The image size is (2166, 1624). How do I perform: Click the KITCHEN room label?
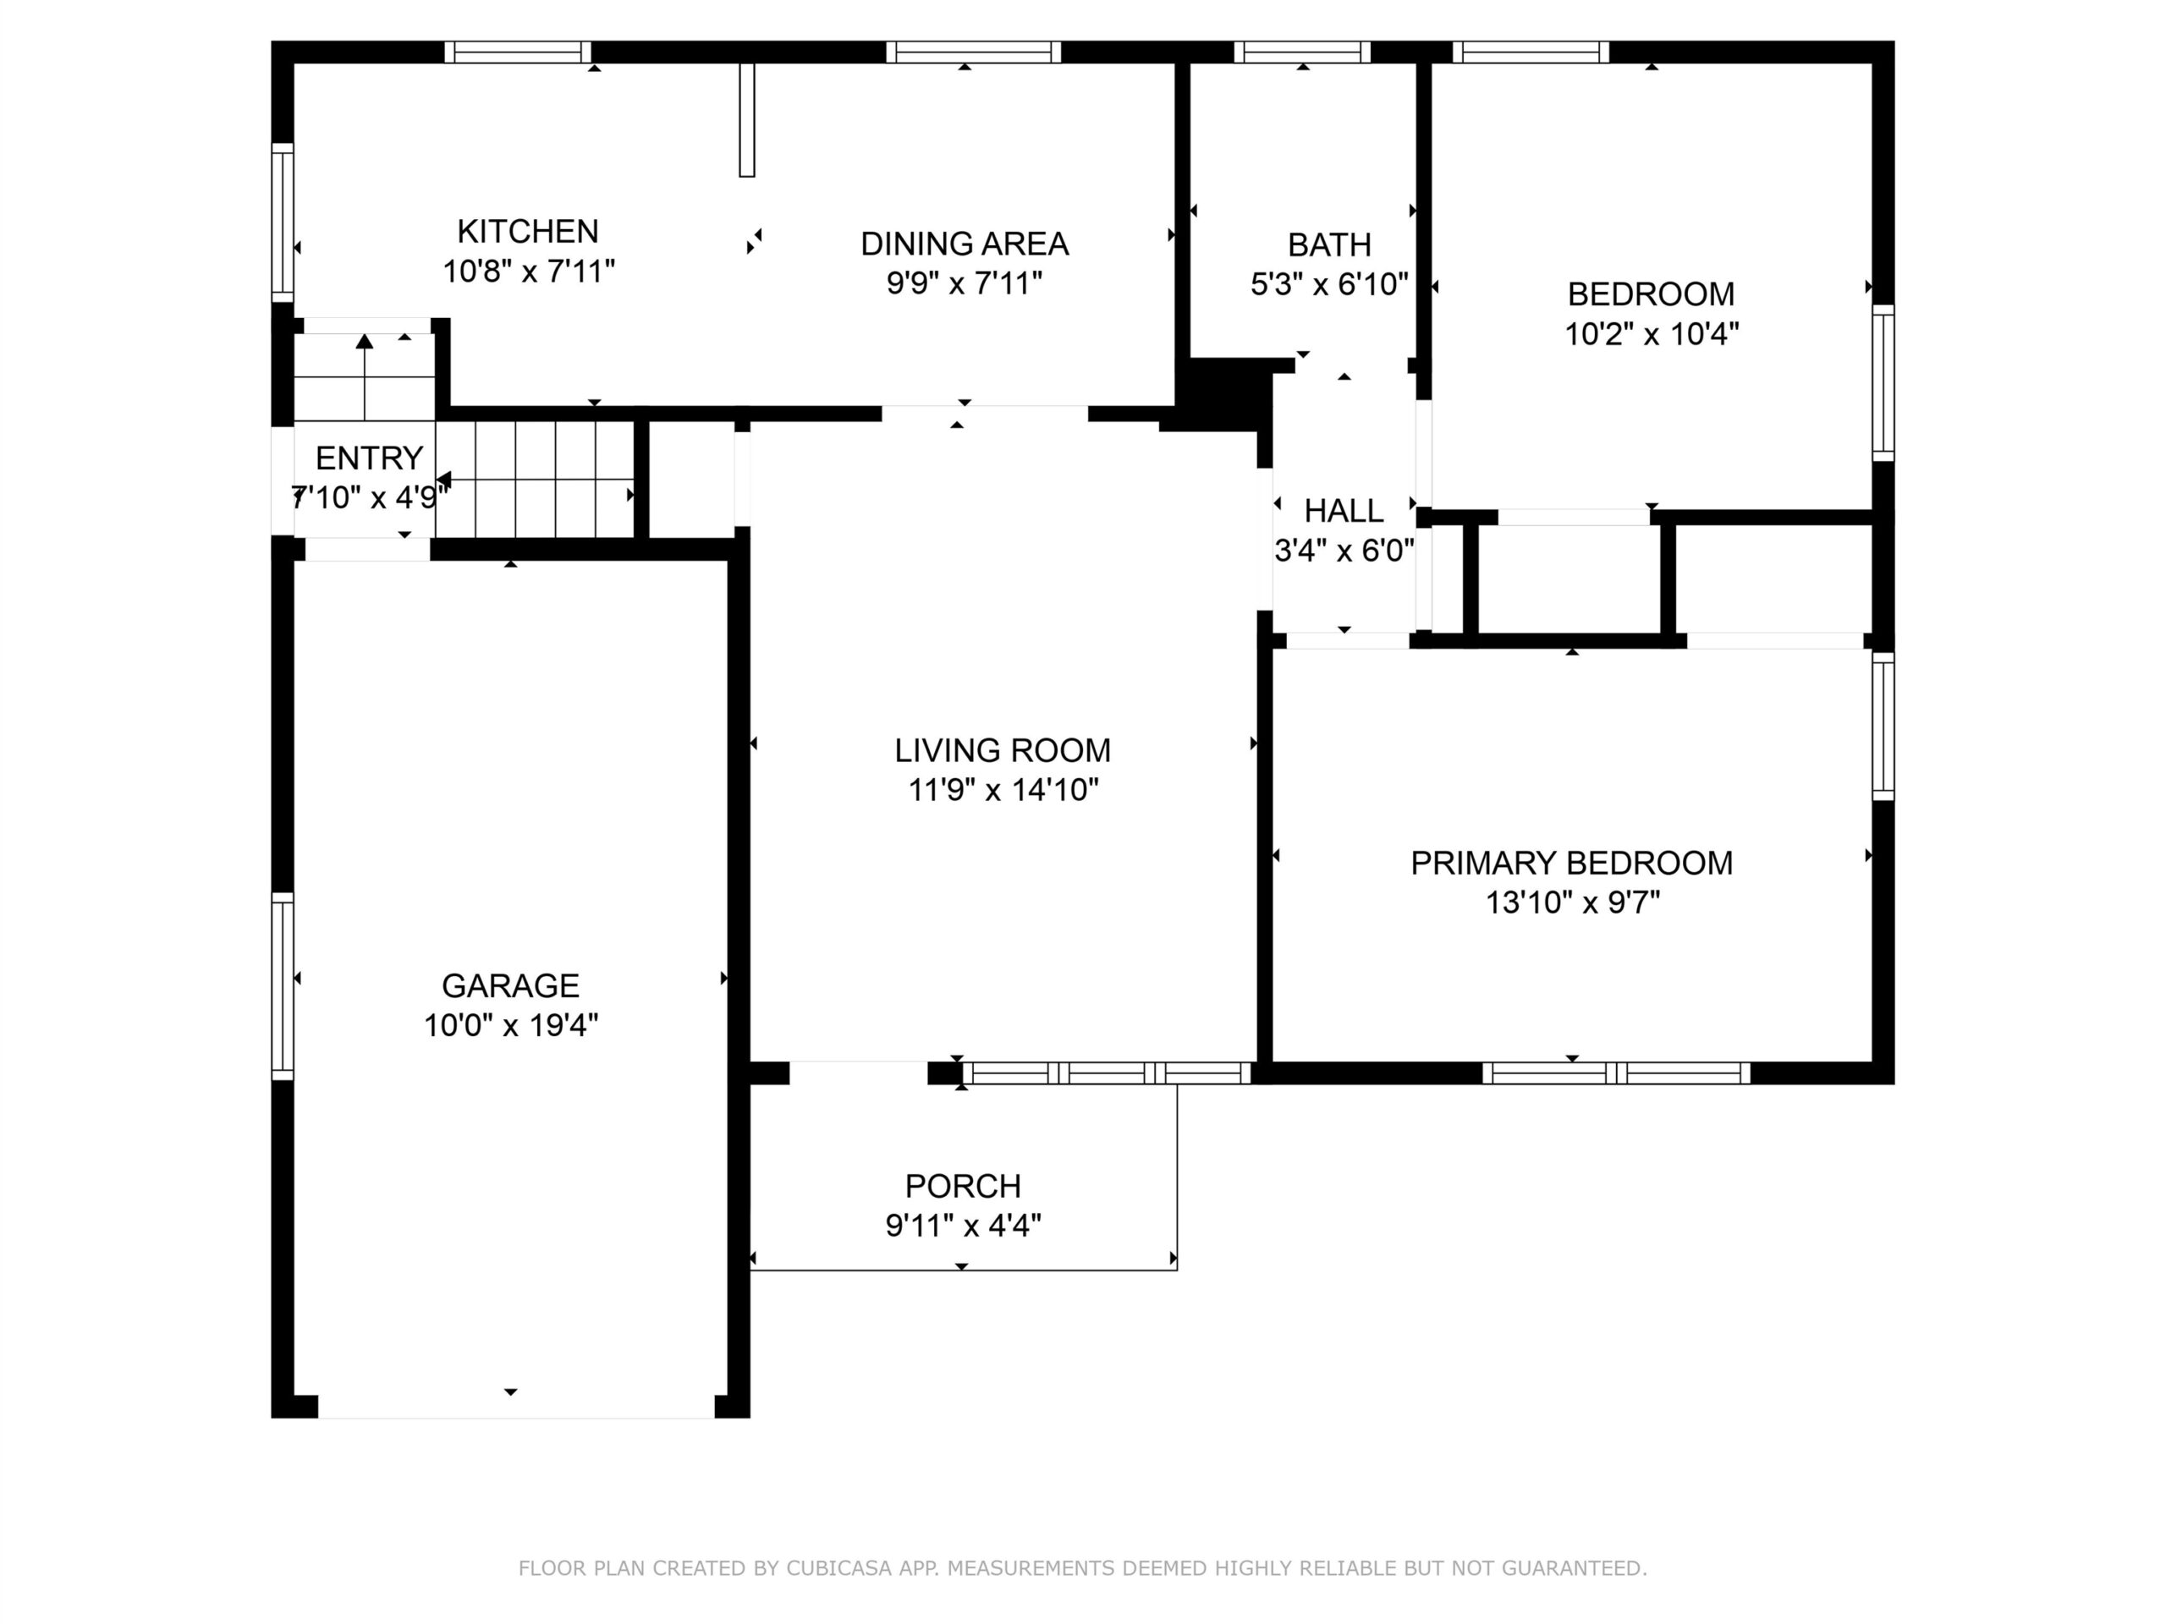pos(528,231)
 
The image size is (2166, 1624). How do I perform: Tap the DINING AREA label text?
pos(965,244)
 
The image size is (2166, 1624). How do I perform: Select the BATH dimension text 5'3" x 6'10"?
pos(1328,284)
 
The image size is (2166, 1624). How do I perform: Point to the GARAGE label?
pos(510,985)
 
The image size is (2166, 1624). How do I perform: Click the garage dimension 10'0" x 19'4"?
pos(510,1025)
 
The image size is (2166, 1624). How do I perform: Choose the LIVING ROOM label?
pos(1003,750)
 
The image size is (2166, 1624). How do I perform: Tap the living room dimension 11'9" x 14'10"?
pos(1003,789)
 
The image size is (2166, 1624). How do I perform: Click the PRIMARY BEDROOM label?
pos(1572,863)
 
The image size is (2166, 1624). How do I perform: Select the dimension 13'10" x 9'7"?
pos(1573,902)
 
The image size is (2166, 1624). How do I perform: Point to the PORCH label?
pos(963,1186)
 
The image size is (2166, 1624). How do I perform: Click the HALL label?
pos(1344,511)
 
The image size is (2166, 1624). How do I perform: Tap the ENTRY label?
pos(369,458)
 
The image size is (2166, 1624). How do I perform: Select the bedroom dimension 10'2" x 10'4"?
pos(1651,334)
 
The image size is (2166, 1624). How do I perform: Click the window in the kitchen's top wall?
pos(518,52)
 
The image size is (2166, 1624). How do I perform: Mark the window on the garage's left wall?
pos(282,985)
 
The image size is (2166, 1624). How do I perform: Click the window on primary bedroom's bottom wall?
pos(1616,1073)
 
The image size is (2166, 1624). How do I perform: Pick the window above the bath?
pos(1301,52)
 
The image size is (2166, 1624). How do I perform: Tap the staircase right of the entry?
pos(535,480)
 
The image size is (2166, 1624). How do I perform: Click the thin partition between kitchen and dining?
pos(747,119)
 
